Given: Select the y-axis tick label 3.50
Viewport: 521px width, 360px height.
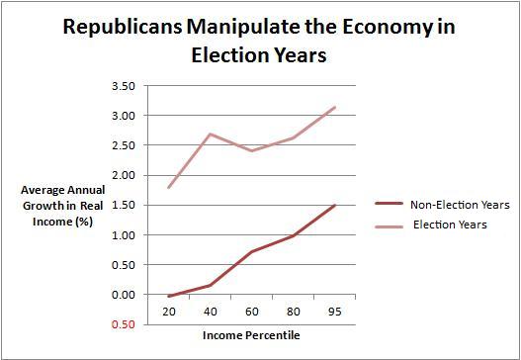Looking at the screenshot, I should tap(123, 86).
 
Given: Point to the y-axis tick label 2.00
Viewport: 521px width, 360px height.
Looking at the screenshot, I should tap(123, 175).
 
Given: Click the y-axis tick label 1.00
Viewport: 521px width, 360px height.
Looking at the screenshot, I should tap(123, 235).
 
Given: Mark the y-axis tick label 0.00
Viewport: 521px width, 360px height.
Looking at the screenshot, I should tap(123, 295).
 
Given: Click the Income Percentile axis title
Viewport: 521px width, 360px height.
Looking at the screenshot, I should tap(253, 334).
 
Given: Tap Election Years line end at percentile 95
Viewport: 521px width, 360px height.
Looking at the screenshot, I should tap(336, 107).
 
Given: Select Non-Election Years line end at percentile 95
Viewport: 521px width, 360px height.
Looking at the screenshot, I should tap(336, 206).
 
